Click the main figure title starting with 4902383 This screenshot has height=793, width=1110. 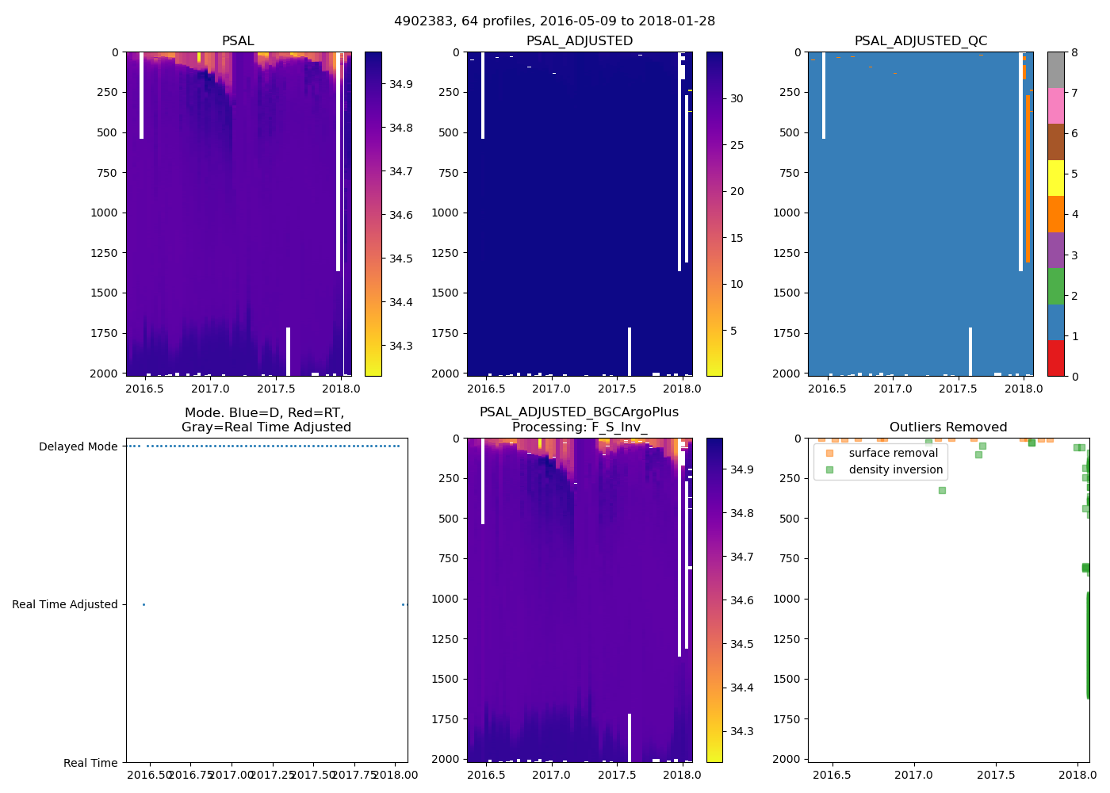point(554,21)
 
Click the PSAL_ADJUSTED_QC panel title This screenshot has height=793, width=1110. point(921,40)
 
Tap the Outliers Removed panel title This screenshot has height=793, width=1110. point(948,427)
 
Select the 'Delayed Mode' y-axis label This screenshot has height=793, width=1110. point(78,446)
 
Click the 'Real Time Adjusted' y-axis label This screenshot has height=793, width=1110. point(65,604)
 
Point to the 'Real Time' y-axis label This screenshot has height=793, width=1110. point(90,763)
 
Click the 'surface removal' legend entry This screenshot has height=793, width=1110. point(893,453)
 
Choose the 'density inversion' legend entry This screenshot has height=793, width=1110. point(895,469)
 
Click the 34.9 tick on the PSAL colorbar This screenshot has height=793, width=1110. point(400,84)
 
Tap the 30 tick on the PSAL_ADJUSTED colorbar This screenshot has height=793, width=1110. point(737,98)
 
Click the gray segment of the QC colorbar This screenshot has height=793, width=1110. point(1056,70)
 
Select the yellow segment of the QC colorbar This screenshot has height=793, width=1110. point(1056,178)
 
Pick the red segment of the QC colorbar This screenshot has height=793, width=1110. point(1056,358)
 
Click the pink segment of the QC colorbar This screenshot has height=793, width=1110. point(1056,105)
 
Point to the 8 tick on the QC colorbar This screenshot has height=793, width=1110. point(1074,52)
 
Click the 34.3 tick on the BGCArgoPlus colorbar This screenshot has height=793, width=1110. point(741,731)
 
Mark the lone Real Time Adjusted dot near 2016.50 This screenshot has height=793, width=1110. point(144,604)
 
